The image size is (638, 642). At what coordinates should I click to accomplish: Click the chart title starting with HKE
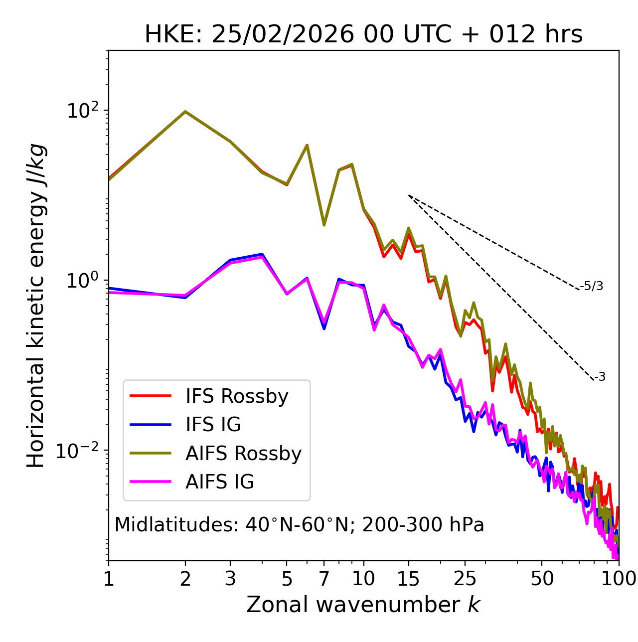[363, 35]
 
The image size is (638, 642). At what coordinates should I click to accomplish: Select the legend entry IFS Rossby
[237, 396]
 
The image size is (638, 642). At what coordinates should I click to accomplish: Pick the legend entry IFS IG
[213, 425]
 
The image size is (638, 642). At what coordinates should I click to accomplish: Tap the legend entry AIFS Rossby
[243, 454]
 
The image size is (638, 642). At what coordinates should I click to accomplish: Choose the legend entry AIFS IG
[219, 482]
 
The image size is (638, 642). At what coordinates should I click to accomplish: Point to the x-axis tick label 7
[324, 579]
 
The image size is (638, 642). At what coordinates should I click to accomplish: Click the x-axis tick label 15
[409, 579]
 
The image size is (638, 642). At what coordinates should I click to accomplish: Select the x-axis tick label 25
[465, 579]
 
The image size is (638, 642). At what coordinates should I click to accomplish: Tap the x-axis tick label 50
[542, 579]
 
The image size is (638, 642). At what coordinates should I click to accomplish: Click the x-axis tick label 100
[619, 579]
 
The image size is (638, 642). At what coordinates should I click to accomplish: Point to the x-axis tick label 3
[230, 579]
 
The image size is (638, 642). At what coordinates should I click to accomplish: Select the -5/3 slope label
[592, 286]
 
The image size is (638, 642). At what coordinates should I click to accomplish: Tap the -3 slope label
[600, 377]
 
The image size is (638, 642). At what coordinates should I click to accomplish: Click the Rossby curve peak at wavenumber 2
[185, 112]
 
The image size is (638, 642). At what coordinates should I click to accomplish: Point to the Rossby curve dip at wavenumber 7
[324, 225]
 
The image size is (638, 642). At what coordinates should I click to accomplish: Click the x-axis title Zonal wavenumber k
[363, 605]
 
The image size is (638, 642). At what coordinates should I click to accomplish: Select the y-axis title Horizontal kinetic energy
[36, 306]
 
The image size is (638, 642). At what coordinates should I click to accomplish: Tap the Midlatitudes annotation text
[299, 525]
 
